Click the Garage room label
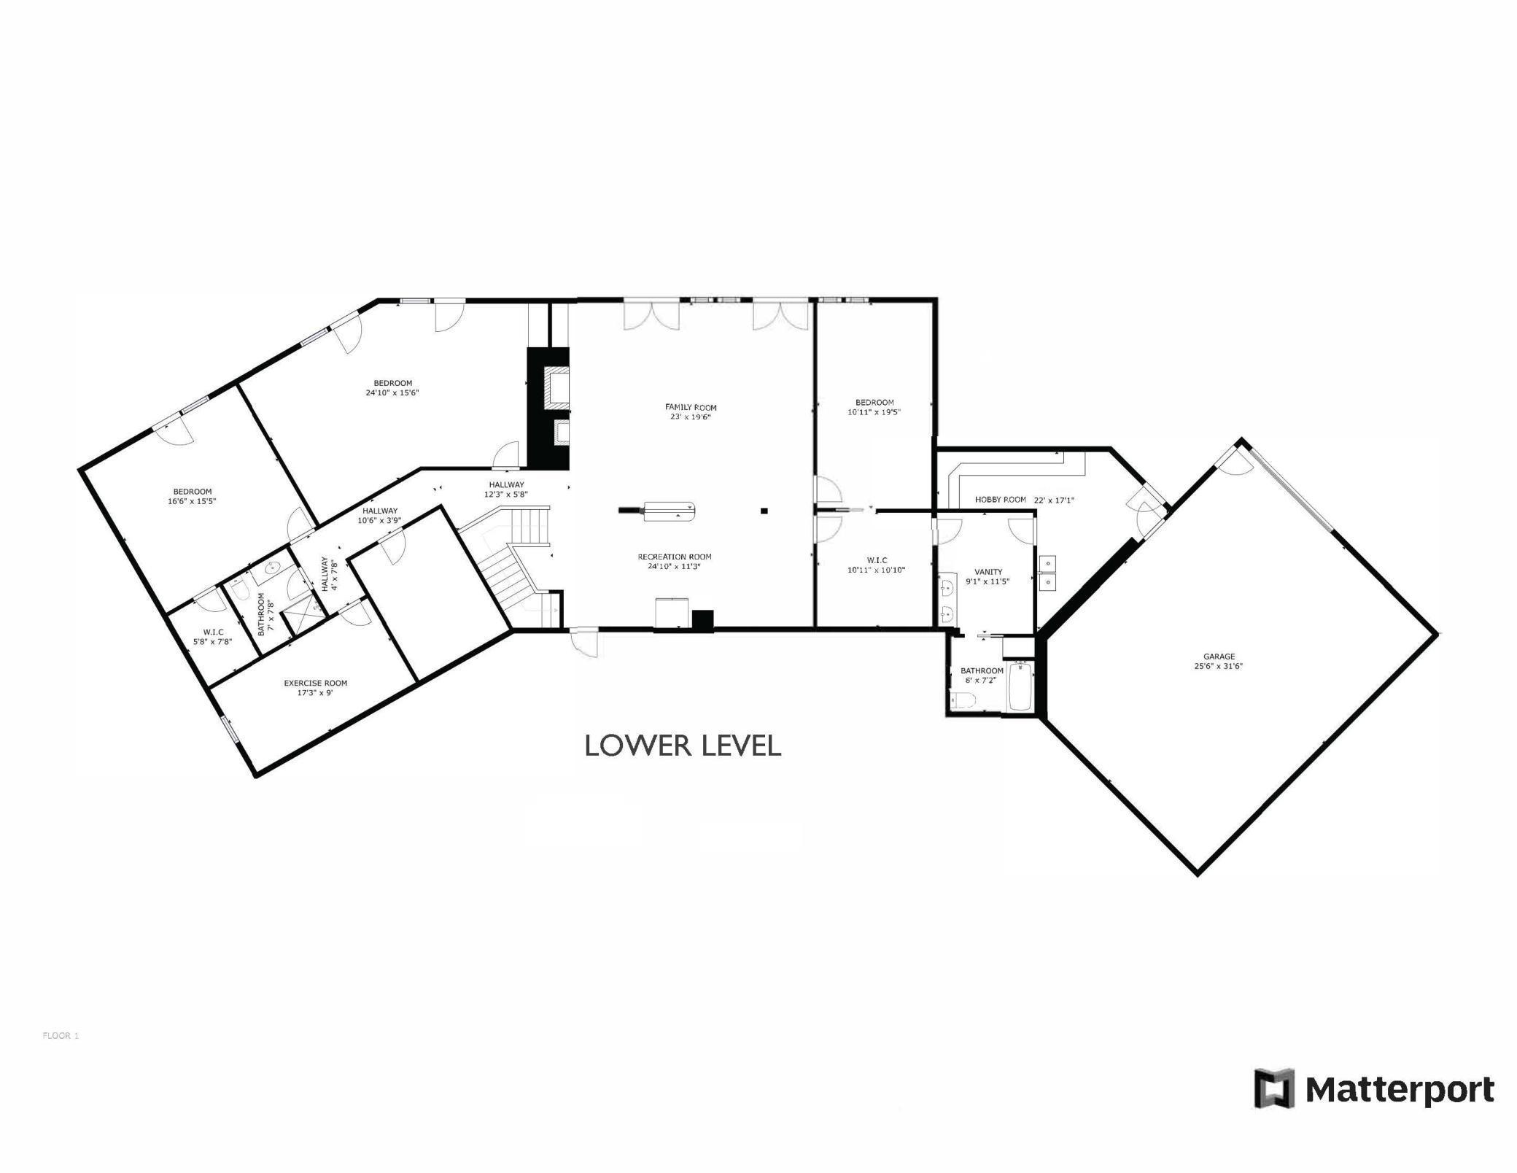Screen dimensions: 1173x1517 [1219, 657]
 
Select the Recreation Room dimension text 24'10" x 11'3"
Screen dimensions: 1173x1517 [674, 566]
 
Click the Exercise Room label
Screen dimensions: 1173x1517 [315, 684]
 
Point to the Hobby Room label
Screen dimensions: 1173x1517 [1001, 500]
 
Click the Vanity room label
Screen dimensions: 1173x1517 [988, 572]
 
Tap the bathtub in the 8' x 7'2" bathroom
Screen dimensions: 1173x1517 [1020, 686]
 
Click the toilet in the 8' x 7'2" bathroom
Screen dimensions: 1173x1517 [963, 701]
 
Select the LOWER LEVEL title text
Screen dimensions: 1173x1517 [683, 746]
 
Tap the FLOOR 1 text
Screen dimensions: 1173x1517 [61, 1036]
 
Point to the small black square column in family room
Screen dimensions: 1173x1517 [764, 511]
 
